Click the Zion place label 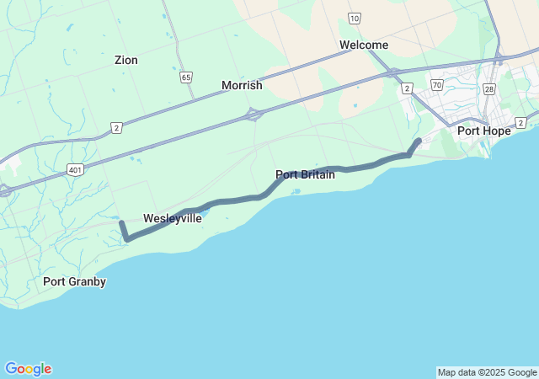[126, 61]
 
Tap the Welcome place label [364, 45]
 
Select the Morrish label [242, 86]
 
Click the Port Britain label [305, 175]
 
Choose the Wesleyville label [172, 219]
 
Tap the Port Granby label [74, 282]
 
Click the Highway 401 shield [76, 169]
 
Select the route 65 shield [185, 77]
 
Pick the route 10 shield [354, 18]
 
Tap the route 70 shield [435, 85]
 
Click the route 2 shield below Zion [116, 127]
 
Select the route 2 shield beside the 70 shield [408, 88]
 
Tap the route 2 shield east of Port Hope [520, 123]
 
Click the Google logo [28, 369]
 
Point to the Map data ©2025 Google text [487, 372]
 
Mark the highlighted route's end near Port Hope [419, 141]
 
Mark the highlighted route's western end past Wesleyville [122, 223]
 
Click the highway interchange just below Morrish [252, 113]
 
